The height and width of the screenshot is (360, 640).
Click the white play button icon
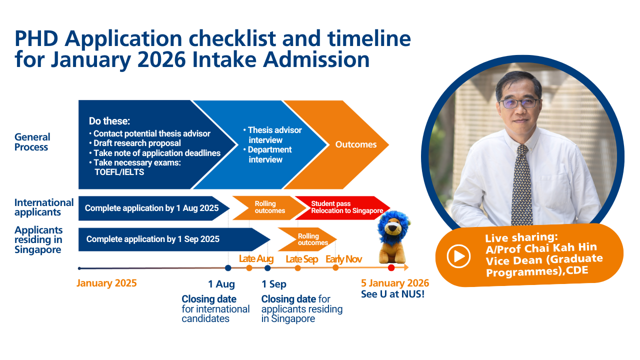pos(458,256)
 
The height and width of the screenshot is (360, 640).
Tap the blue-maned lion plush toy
pos(393,237)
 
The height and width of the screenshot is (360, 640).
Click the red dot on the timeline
pos(391,267)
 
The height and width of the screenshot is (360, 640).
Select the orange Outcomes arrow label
pos(355,144)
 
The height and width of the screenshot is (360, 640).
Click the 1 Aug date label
pos(221,284)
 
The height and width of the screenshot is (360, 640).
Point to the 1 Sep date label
pos(273,284)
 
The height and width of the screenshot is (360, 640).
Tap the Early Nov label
pos(343,259)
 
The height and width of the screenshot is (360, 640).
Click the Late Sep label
pos(301,259)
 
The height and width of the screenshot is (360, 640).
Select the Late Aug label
pos(256,259)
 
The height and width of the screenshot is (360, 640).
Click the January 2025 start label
pos(106,283)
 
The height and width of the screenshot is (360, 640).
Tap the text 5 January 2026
pos(395,283)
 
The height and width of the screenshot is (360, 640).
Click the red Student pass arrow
pos(342,207)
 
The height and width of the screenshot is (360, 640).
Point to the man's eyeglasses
pos(519,103)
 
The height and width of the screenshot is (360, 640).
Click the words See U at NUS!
pos(392,294)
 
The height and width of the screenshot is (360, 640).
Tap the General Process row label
pos(32,142)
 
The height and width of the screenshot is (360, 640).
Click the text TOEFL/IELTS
pos(119,172)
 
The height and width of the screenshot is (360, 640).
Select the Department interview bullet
pos(267,154)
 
